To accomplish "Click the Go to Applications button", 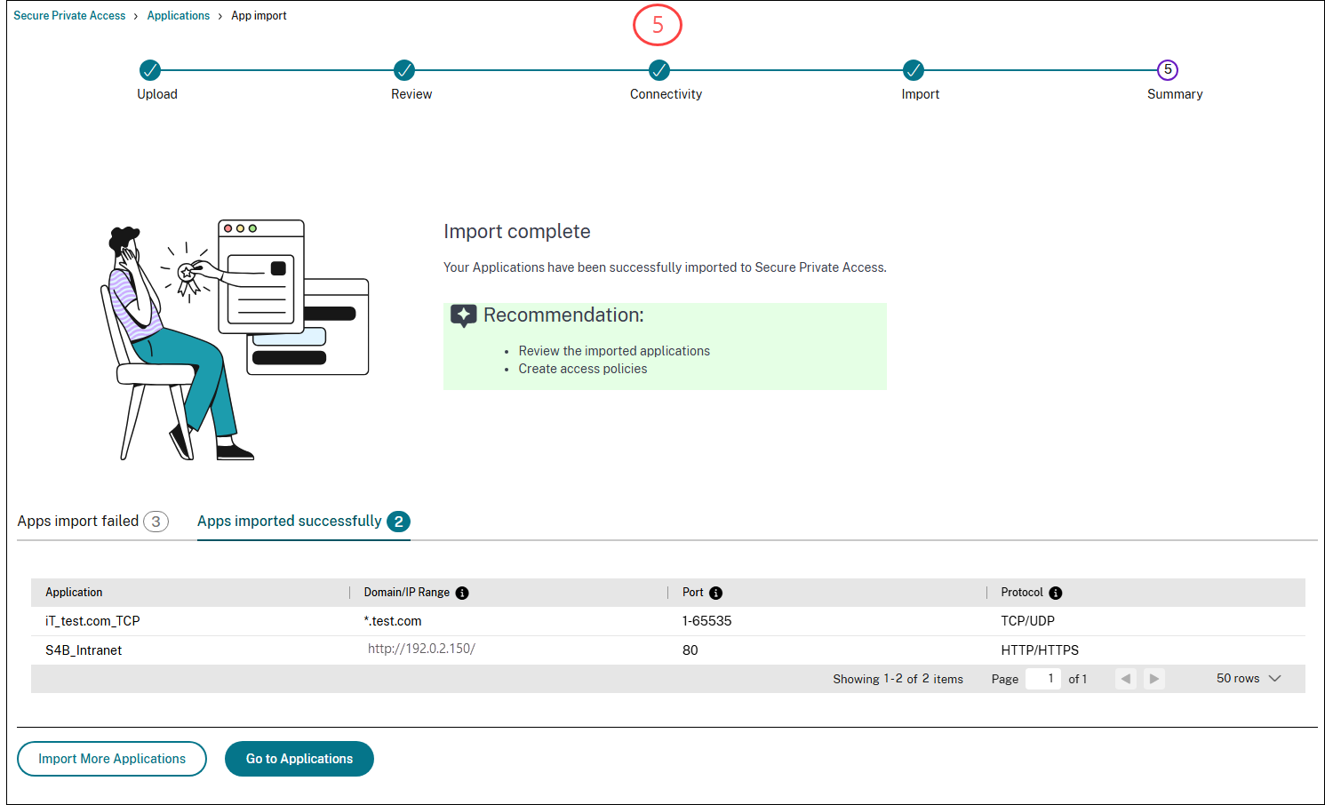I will pos(299,759).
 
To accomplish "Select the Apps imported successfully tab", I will pos(302,522).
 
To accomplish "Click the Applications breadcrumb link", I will pos(179,16).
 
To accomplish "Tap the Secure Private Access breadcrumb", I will pos(69,16).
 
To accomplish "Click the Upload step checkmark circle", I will pos(150,70).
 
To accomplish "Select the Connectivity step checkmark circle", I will pos(659,70).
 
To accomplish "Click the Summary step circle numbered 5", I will pos(1168,70).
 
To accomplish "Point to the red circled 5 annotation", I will pos(658,26).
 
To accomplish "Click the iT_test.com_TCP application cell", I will pos(92,621).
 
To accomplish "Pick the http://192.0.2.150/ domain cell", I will pos(421,649).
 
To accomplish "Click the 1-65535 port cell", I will pos(706,621).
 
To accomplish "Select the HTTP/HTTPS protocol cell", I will pos(1040,650).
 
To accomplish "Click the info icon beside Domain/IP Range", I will pos(462,594).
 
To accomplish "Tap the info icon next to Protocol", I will pos(1056,594).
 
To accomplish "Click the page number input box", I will pos(1043,679).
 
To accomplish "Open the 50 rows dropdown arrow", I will pos(1275,679).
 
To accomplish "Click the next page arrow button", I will pos(1153,679).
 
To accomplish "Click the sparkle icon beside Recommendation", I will pos(463,315).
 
